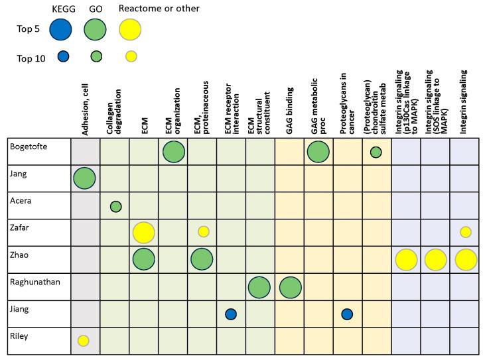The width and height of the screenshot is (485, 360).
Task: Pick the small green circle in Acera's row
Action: click(115, 206)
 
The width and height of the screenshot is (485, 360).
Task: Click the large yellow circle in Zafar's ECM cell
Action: click(144, 232)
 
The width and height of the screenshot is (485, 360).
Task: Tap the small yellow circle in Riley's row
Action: click(84, 341)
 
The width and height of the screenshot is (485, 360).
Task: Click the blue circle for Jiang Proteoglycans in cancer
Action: click(347, 314)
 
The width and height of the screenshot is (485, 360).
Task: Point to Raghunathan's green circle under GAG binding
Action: click(289, 287)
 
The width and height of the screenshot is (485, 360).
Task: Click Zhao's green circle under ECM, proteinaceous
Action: click(202, 259)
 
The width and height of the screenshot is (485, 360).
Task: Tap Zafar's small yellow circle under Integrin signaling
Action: click(466, 232)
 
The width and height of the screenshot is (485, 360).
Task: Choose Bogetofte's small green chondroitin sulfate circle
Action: click(376, 152)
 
